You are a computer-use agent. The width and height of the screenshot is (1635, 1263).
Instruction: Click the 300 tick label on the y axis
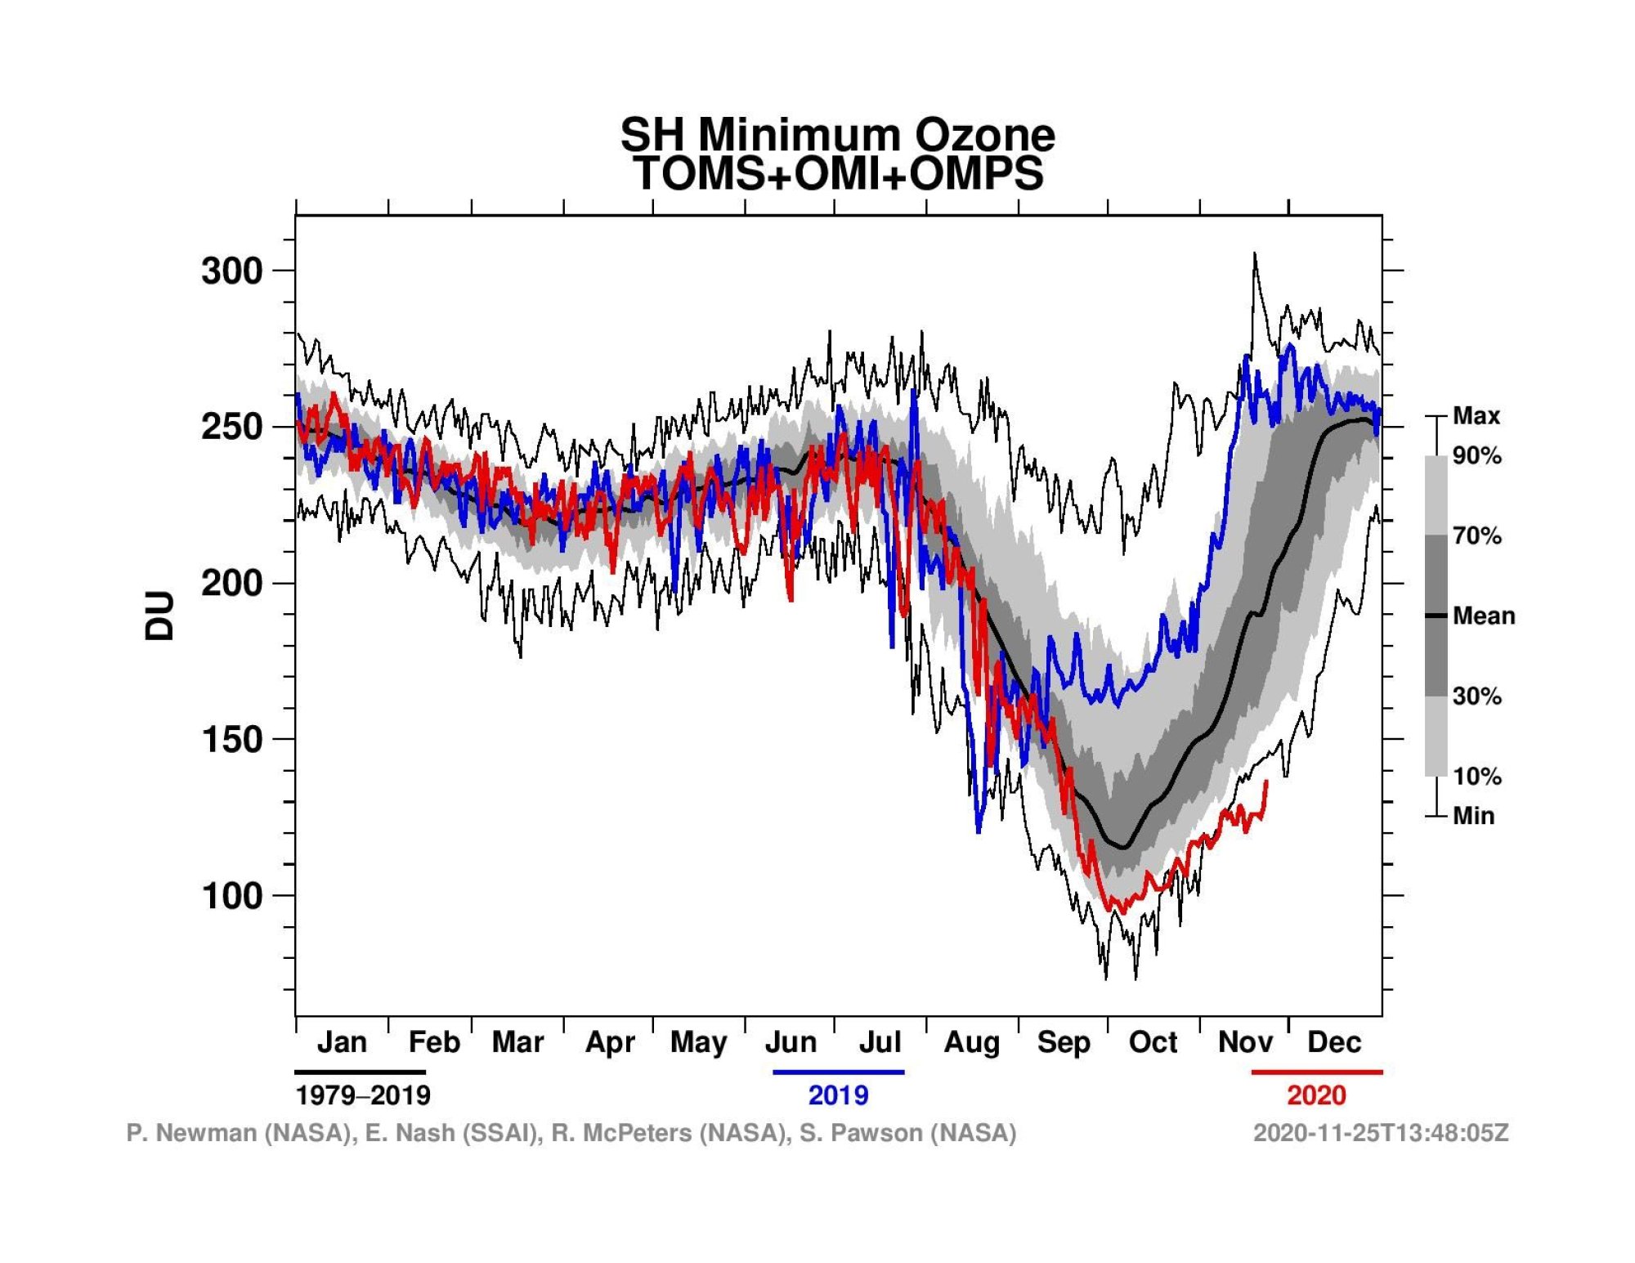[231, 271]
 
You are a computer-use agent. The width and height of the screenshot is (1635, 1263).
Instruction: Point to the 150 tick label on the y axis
[231, 740]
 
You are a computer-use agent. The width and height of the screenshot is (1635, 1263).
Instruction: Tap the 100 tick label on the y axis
[231, 896]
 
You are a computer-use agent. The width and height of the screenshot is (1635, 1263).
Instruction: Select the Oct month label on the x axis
[1153, 1042]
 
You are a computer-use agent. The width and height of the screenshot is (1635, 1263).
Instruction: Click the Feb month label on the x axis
[434, 1042]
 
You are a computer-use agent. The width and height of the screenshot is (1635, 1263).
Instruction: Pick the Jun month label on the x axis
[791, 1042]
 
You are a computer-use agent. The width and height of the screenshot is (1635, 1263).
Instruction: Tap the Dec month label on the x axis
[1334, 1042]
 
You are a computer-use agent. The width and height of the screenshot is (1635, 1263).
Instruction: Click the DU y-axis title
[160, 616]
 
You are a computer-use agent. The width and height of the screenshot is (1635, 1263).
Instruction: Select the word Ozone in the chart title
[984, 135]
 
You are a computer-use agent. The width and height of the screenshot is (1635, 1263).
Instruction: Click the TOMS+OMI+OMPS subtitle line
[838, 174]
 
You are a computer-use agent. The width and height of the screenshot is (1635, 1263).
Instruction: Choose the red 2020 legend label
[1316, 1095]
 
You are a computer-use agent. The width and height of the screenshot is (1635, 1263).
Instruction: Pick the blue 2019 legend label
[838, 1095]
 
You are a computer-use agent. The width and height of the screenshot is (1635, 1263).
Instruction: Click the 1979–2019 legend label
[362, 1095]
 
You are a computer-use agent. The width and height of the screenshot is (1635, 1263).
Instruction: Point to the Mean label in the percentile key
[1484, 616]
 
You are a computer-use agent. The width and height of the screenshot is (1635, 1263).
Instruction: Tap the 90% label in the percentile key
[1477, 456]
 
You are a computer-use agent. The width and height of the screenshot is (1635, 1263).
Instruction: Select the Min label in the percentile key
[1473, 816]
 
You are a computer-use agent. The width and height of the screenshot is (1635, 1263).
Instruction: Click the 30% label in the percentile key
[1477, 696]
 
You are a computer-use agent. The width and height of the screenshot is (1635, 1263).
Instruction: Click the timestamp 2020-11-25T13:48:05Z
[1381, 1133]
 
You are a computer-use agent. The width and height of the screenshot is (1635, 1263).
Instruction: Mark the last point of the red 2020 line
[1266, 782]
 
